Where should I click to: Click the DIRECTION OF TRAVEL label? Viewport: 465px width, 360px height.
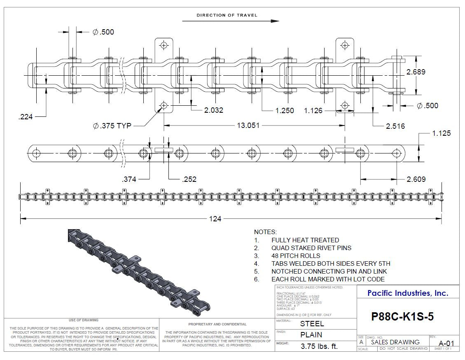click(x=227, y=15)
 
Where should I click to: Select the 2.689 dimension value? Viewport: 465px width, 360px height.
click(x=416, y=72)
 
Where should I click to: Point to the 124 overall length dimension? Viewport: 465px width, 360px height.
click(x=215, y=218)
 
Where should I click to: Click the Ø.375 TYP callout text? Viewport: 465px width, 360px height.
click(x=112, y=126)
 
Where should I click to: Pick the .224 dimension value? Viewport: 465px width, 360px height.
click(x=26, y=117)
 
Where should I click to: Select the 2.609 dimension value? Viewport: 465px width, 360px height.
click(x=416, y=179)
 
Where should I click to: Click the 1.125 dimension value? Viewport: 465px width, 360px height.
click(x=441, y=133)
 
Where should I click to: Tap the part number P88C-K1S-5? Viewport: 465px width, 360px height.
click(x=402, y=316)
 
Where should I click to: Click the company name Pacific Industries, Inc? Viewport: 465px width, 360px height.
click(x=407, y=293)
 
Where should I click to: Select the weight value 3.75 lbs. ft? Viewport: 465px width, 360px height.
click(x=319, y=346)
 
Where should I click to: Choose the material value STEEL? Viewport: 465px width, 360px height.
click(x=312, y=324)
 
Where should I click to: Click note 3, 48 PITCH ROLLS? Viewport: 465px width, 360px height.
click(x=295, y=255)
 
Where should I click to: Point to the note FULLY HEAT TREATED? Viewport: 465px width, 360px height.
click(x=305, y=240)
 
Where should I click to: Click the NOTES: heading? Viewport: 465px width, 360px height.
click(x=265, y=232)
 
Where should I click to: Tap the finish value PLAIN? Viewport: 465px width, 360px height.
click(x=311, y=335)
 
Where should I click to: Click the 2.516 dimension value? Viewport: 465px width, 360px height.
click(x=395, y=126)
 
